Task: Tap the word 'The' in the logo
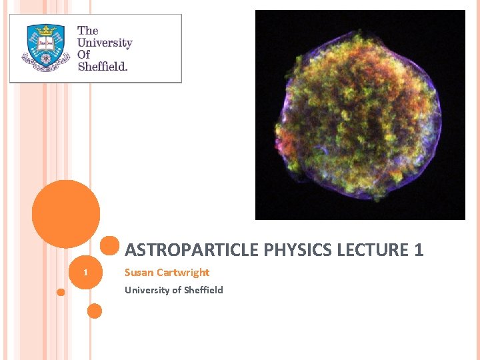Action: (87, 31)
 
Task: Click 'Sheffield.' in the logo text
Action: (103, 67)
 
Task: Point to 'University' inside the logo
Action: (105, 43)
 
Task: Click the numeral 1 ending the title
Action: (419, 250)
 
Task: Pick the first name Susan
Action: (139, 272)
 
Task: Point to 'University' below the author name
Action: (147, 290)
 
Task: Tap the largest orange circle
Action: (66, 214)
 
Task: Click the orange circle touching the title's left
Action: (111, 247)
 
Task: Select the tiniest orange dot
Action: (61, 292)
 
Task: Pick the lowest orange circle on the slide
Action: (95, 311)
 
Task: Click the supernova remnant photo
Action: (360, 115)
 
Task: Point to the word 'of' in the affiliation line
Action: (175, 290)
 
